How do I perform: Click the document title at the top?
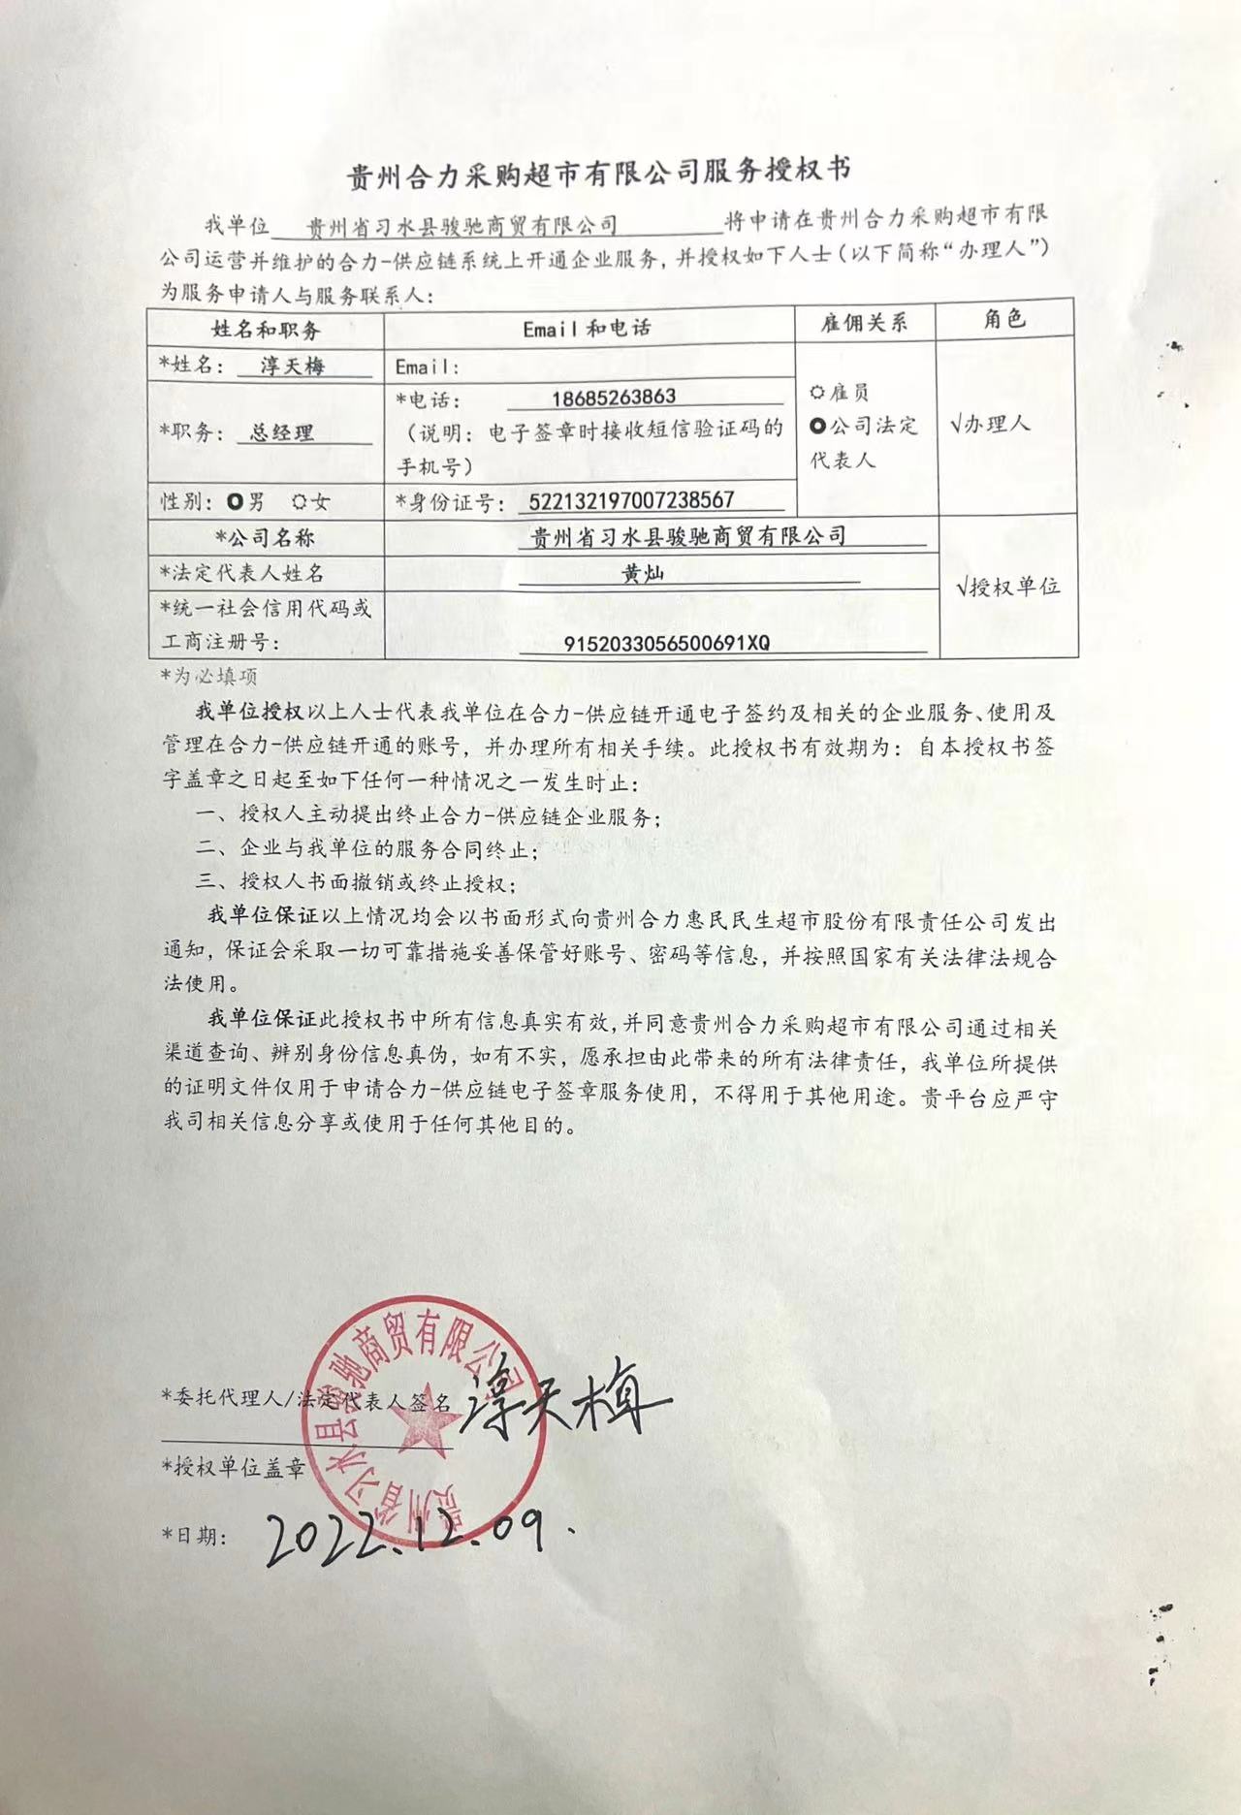click(x=599, y=173)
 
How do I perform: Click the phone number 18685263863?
click(x=613, y=398)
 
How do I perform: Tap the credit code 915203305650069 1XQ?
click(x=666, y=643)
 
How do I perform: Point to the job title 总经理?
click(x=282, y=432)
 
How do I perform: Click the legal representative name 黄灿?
click(x=642, y=573)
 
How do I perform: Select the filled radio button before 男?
click(x=235, y=501)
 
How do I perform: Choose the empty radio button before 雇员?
click(x=817, y=392)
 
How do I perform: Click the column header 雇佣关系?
click(x=864, y=323)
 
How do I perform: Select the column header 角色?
click(x=1004, y=319)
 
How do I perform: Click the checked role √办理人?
click(x=990, y=424)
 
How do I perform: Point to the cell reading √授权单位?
click(x=1007, y=586)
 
